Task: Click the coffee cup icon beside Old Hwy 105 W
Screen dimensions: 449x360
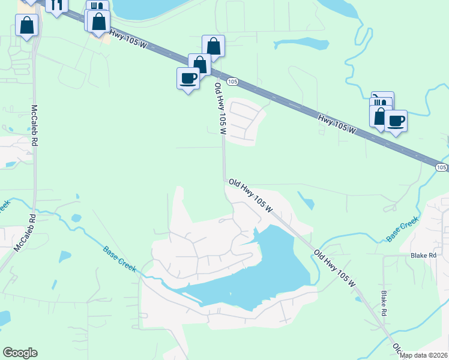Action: (188, 78)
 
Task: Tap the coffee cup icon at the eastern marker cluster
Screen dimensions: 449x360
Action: (396, 121)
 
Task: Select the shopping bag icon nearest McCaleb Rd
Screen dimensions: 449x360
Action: (27, 25)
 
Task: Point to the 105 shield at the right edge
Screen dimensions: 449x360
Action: (441, 166)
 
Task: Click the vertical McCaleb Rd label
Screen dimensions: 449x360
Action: (35, 125)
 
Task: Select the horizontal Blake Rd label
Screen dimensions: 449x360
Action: (423, 255)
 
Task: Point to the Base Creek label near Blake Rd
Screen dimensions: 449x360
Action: (402, 230)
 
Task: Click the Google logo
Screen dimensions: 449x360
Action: (20, 353)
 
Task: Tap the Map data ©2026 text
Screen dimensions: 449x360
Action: (424, 355)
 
